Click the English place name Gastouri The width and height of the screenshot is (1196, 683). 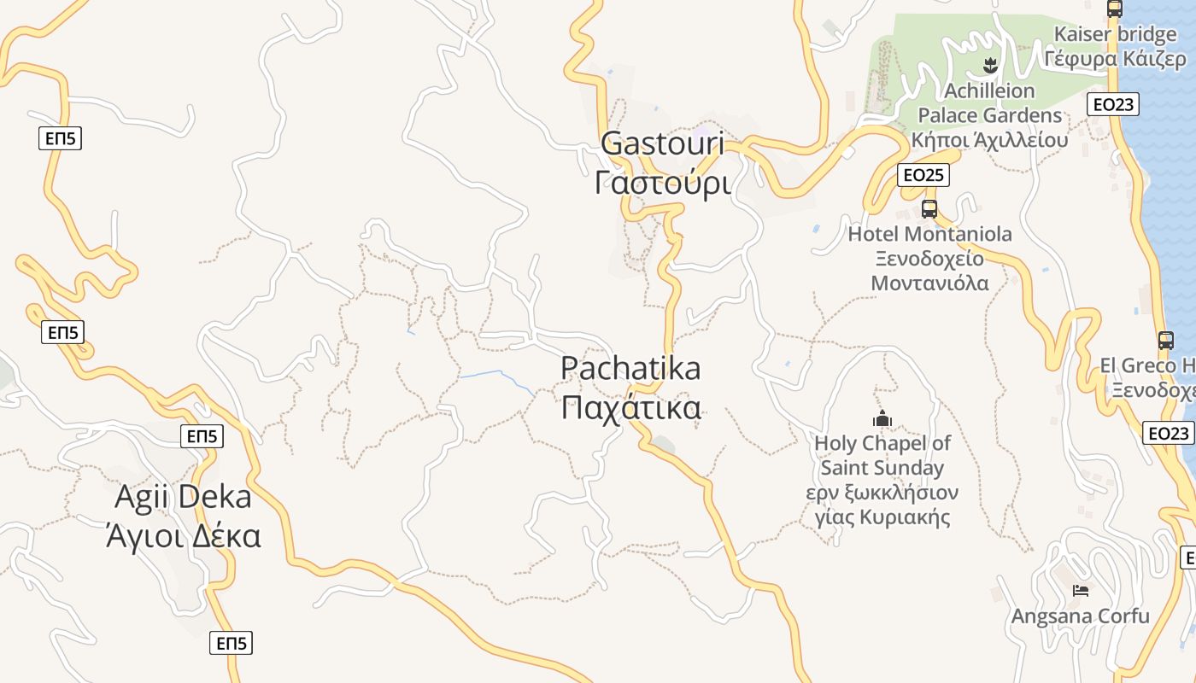tap(662, 143)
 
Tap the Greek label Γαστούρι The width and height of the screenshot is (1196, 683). tap(663, 183)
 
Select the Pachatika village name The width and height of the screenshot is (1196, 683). tap(630, 368)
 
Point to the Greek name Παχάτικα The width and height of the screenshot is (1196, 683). tap(631, 407)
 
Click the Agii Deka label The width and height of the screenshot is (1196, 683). tap(183, 498)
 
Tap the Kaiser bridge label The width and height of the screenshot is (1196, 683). tap(1115, 35)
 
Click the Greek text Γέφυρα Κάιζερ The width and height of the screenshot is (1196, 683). tap(1115, 59)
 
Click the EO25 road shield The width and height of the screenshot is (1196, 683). tap(923, 175)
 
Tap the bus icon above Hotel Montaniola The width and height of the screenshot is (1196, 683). tap(929, 208)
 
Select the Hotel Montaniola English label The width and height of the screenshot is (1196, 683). tap(929, 234)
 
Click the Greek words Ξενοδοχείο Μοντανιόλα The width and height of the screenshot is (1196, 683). tap(929, 271)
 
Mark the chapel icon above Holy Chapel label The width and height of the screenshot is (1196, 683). tap(882, 418)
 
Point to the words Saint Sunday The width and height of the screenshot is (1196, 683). tap(882, 468)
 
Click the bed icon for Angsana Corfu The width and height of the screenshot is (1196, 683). tap(1081, 590)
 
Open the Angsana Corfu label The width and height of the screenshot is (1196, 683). tap(1081, 616)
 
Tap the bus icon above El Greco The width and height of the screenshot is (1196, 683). tap(1165, 340)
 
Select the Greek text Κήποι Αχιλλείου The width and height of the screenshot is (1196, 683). tap(989, 140)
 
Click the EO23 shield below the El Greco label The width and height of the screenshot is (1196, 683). tap(1168, 434)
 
